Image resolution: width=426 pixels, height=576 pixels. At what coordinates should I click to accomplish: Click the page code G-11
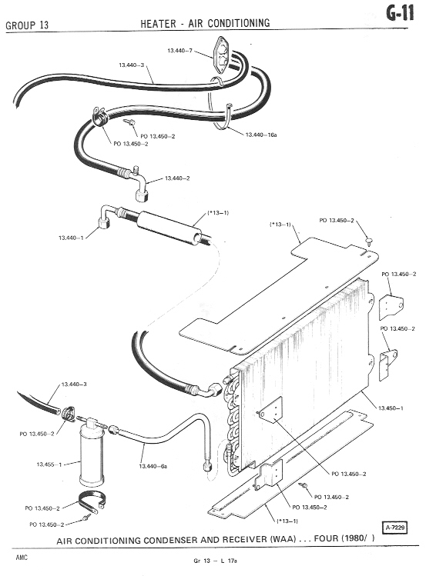tap(400, 13)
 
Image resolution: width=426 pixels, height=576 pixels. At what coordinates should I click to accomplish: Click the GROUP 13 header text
tap(27, 25)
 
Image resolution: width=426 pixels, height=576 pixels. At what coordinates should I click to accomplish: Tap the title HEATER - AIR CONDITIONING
tap(205, 24)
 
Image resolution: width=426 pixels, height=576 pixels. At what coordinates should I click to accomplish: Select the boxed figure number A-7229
tap(395, 528)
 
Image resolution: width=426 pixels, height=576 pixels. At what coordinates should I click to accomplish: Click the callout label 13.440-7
tap(180, 51)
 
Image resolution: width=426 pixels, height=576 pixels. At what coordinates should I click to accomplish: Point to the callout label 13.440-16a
tap(261, 135)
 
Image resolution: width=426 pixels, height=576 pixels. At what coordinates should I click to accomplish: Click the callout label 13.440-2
tap(177, 178)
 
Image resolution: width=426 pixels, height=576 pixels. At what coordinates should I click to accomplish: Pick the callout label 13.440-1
tap(72, 238)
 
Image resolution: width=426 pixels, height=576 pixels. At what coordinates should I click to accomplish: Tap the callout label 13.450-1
tap(391, 408)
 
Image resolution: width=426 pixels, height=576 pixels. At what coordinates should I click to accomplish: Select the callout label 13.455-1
tap(49, 464)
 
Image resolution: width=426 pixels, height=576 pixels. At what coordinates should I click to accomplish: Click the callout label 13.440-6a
tap(153, 466)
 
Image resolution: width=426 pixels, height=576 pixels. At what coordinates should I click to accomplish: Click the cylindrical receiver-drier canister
tap(92, 456)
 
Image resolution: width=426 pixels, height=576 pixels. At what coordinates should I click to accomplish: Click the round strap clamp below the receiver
tap(92, 501)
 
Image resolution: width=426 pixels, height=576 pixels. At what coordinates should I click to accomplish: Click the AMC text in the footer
tap(22, 558)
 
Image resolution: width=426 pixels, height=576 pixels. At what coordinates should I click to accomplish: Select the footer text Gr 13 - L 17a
tap(215, 561)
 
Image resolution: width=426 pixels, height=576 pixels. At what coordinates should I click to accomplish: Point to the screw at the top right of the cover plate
tap(369, 241)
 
